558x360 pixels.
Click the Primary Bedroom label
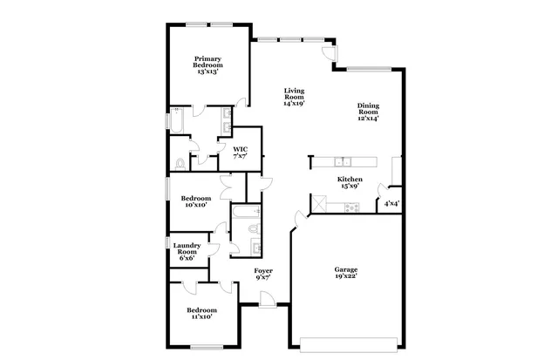tap(208, 66)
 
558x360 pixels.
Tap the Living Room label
tap(294, 97)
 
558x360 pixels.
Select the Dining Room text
tap(368, 112)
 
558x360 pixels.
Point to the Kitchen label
tap(350, 182)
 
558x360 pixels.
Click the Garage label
tap(346, 273)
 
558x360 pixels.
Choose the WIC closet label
tap(240, 153)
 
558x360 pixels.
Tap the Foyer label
tap(263, 275)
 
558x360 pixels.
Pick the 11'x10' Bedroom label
tap(201, 313)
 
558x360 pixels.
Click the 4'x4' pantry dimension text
tap(391, 204)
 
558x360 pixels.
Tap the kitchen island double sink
tap(344, 161)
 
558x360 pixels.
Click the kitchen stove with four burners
tap(351, 207)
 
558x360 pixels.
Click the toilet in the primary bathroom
tap(180, 163)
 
